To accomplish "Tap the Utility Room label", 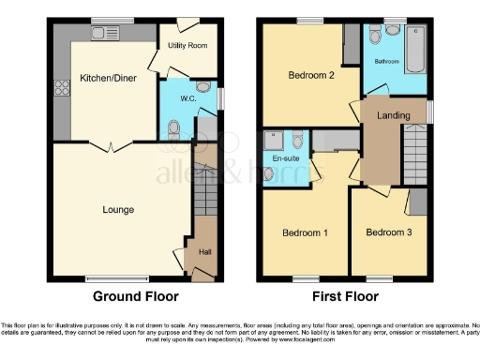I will [x=187, y=45].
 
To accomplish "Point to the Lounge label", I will [x=118, y=210].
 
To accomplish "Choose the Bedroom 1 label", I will [x=305, y=232].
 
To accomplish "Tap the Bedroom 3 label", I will [x=387, y=232].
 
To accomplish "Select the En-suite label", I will [x=285, y=159].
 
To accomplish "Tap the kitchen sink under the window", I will [x=100, y=35].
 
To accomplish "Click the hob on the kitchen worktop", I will [x=65, y=90].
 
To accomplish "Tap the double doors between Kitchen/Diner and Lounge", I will [x=110, y=144].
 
